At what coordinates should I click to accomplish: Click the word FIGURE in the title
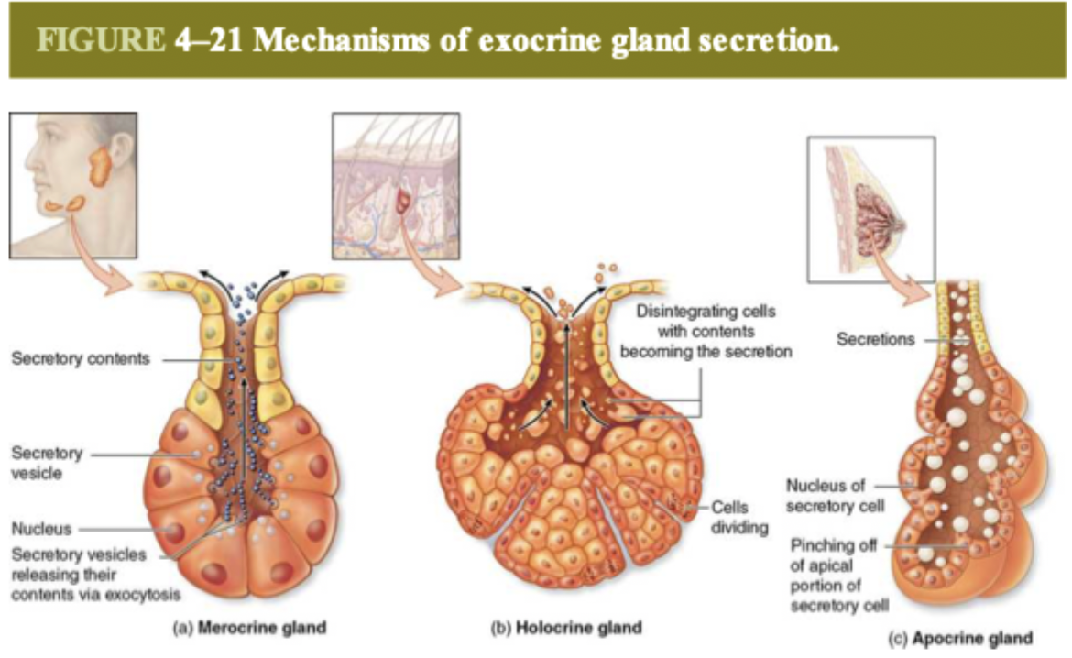point(102,43)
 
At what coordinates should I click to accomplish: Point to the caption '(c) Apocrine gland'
point(961,638)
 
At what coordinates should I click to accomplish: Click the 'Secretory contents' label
point(80,359)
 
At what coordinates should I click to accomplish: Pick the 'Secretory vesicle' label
point(47,463)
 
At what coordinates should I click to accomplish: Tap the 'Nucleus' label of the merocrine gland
point(41,528)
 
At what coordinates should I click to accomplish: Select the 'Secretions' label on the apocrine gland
point(875,340)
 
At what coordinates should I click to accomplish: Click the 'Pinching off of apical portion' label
point(835,576)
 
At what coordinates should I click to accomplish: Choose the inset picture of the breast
point(870,210)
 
